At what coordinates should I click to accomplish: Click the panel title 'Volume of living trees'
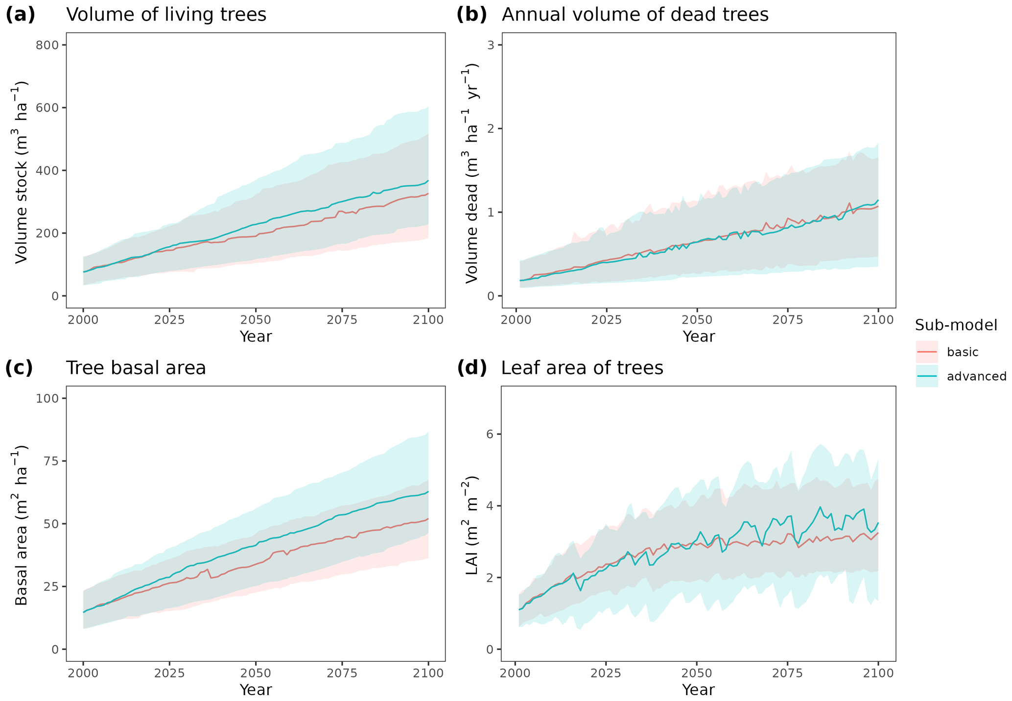point(166,15)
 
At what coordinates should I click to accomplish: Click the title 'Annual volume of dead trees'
point(635,15)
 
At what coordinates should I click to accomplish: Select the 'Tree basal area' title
point(136,368)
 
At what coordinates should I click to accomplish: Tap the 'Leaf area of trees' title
point(582,368)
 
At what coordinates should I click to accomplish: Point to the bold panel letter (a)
point(20,15)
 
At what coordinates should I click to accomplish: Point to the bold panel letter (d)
point(472,368)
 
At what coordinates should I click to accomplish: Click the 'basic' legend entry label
point(963,352)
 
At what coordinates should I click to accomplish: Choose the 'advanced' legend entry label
point(976,376)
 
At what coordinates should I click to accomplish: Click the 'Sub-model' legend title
point(956,325)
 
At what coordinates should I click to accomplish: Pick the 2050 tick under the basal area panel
point(256,673)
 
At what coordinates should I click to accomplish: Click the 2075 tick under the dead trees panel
point(787,320)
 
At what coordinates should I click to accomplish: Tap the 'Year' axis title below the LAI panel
point(698,690)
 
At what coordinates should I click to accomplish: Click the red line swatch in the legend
point(927,352)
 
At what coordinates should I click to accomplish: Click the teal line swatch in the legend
point(927,376)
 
